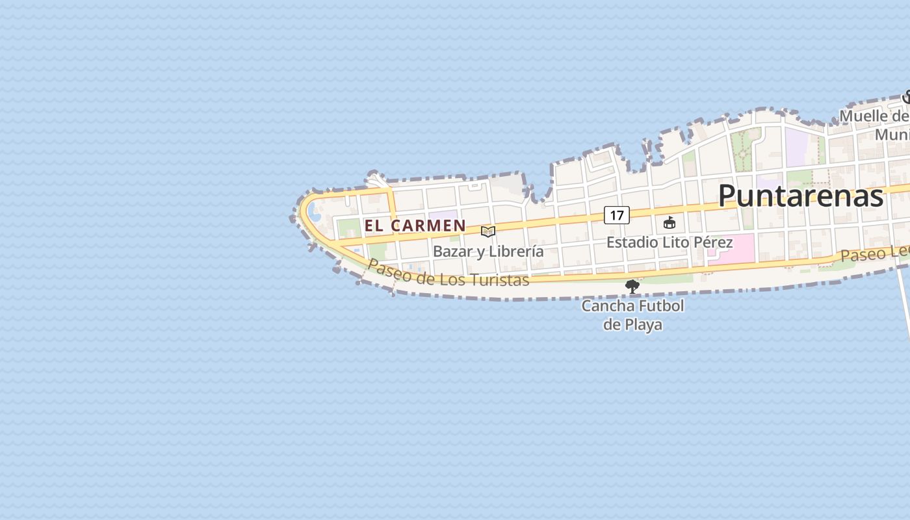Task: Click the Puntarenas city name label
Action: click(800, 196)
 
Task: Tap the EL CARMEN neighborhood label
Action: click(415, 226)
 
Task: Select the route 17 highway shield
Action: click(616, 214)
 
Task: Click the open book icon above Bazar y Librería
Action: click(488, 231)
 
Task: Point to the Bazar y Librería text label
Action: click(488, 252)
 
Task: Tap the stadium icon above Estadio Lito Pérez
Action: click(669, 223)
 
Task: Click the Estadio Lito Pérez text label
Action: click(669, 242)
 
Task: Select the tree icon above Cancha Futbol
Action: click(632, 286)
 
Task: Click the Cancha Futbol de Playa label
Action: click(632, 315)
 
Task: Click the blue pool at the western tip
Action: click(314, 211)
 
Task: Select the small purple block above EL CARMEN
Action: click(443, 214)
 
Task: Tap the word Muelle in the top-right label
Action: click(864, 116)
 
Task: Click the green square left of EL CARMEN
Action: click(348, 228)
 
